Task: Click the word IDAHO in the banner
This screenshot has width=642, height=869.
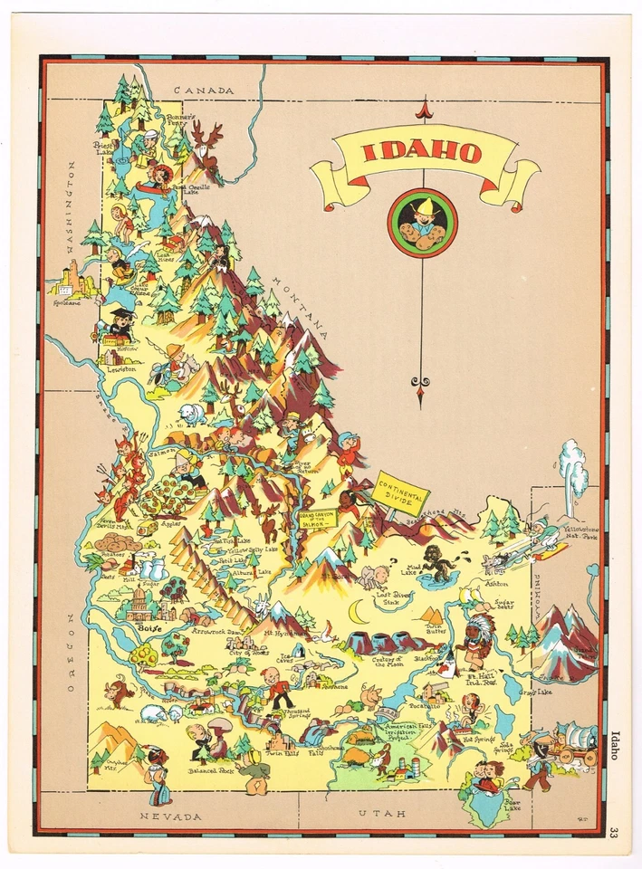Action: click(x=423, y=152)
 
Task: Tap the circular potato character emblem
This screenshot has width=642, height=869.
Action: click(x=422, y=223)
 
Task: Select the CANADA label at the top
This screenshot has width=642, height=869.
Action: click(x=204, y=91)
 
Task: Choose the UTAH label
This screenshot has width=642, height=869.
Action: click(x=378, y=814)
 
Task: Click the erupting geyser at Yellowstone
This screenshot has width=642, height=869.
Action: click(x=572, y=471)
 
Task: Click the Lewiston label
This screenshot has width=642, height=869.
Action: click(x=120, y=369)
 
